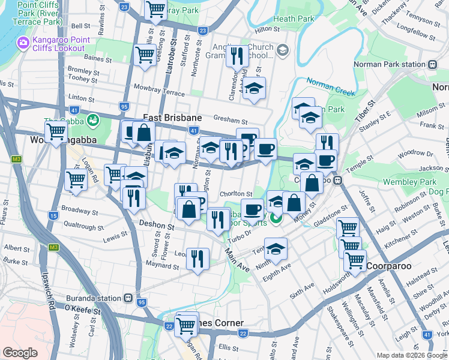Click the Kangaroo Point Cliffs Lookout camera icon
pos(23,43)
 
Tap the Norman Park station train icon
pos(431,64)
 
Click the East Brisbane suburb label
pos(172,118)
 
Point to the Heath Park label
pos(294,19)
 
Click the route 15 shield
pos(54,215)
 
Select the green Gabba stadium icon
pos(93,121)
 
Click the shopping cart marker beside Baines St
pos(145,55)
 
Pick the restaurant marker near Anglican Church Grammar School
pos(237,56)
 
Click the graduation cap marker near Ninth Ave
pos(276,248)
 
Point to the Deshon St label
pos(156,227)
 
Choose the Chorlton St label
pos(235,194)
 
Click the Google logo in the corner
pos(20,353)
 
